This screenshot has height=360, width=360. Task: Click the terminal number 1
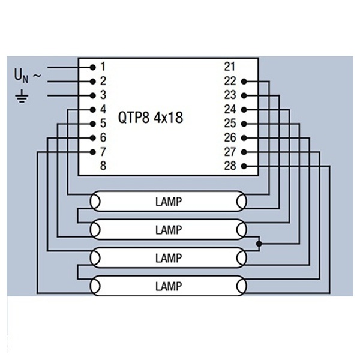point(103,66)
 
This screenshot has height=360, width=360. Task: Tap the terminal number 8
point(103,166)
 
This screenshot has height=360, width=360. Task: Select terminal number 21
point(230,66)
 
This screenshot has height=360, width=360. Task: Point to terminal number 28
point(230,166)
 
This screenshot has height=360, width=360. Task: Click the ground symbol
point(22,95)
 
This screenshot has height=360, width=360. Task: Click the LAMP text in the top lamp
point(168,200)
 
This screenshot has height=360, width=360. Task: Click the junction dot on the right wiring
point(259,244)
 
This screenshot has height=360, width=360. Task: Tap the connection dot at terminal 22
point(244,81)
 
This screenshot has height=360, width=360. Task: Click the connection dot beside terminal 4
point(93,109)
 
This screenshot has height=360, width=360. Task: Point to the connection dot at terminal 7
point(93,152)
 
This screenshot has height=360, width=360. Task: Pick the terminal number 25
point(230,124)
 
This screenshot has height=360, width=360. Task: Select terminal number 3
point(103,95)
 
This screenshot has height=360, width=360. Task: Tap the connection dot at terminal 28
point(244,166)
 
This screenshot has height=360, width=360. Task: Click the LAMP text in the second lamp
point(168,229)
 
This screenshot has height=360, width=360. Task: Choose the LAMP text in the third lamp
point(168,258)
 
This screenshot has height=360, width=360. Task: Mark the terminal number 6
point(103,137)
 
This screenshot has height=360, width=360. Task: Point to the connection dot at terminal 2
point(93,80)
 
